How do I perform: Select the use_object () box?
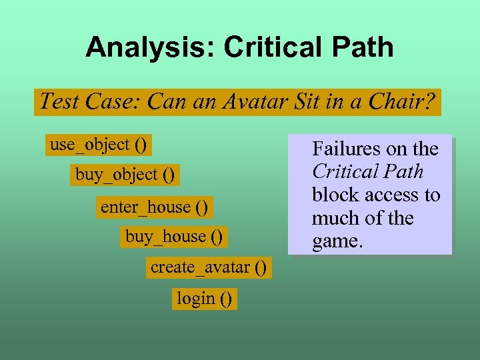point(99,144)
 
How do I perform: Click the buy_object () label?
point(125,175)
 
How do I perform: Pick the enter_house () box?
point(154,207)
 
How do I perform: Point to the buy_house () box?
point(174,237)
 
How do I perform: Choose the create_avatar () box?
point(208,268)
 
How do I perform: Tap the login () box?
point(205,299)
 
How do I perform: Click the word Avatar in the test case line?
point(264,102)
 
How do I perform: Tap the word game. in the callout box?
point(338,241)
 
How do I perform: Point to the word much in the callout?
point(333,218)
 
